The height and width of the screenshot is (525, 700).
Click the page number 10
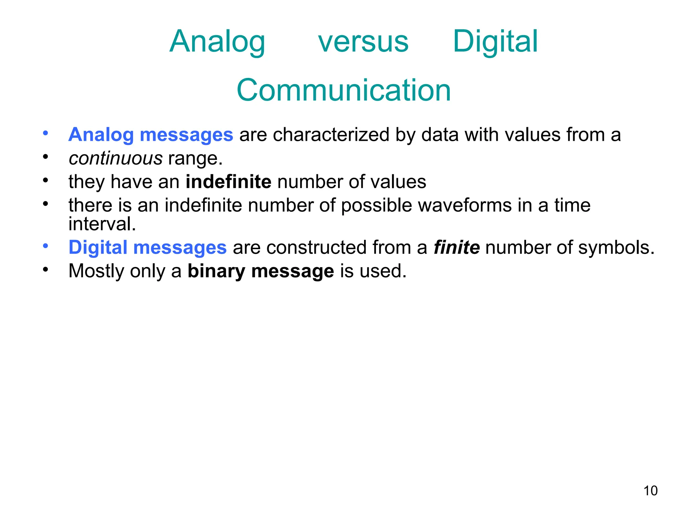(x=650, y=491)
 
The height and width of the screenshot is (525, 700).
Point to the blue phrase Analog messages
(x=151, y=135)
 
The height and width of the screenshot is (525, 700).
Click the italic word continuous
(x=116, y=159)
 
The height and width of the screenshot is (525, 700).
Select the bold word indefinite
(x=228, y=181)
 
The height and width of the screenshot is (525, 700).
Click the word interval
(x=102, y=224)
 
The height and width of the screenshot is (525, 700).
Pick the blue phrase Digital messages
(x=147, y=247)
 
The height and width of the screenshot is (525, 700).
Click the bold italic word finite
(x=456, y=247)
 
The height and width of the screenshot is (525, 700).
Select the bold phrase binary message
(x=260, y=271)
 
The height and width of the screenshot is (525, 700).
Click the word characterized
(x=331, y=135)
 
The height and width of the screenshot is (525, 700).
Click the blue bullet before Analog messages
(x=45, y=133)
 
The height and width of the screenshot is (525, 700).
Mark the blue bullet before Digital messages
(x=45, y=246)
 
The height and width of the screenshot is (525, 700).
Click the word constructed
(x=317, y=247)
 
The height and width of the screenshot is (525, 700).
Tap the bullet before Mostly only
(x=45, y=269)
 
